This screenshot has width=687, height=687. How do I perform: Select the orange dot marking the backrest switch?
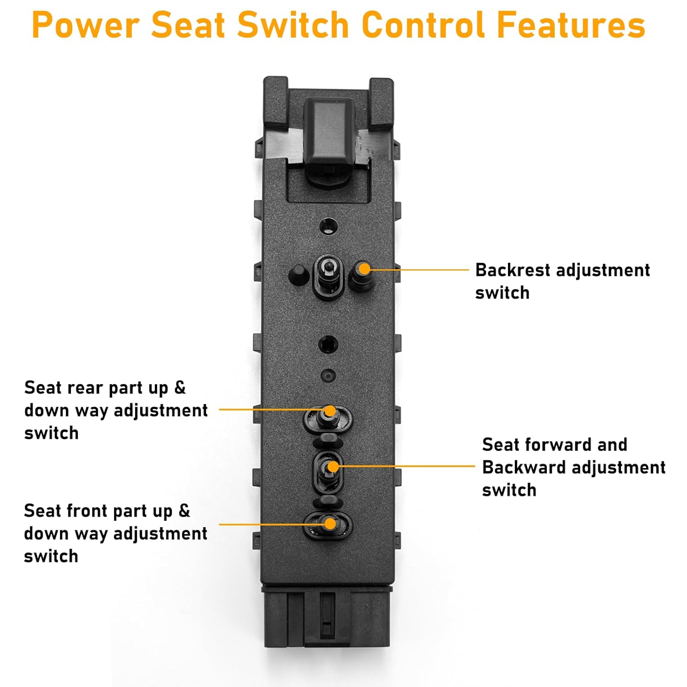364,268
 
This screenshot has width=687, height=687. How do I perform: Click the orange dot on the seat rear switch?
329,410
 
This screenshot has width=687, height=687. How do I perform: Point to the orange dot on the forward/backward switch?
333,467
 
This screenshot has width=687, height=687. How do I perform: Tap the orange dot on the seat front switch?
330,523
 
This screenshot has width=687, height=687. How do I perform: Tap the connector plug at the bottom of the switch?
327,616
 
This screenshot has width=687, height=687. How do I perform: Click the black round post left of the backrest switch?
298,275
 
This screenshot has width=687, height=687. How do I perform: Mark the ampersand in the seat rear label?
180,388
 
